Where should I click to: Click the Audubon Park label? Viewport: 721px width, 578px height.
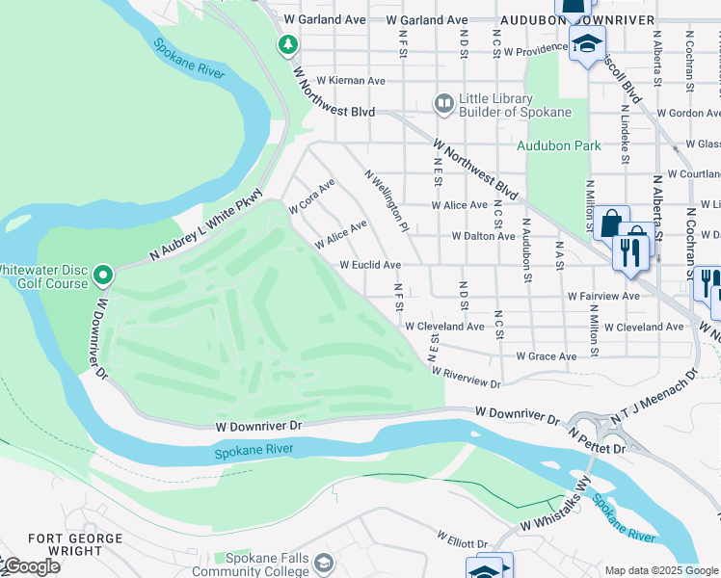click(x=558, y=146)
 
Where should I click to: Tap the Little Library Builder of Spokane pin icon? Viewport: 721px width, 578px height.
click(x=443, y=102)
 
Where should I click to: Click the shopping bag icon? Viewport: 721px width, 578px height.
click(x=610, y=223)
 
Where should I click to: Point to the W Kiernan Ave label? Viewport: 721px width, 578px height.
click(x=344, y=81)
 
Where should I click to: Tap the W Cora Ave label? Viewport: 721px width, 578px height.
click(x=311, y=197)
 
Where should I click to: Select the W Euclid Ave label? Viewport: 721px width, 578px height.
click(x=370, y=265)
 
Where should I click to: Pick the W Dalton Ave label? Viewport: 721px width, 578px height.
click(x=483, y=236)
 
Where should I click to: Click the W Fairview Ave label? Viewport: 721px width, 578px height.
click(x=603, y=296)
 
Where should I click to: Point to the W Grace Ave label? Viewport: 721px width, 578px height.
click(x=547, y=356)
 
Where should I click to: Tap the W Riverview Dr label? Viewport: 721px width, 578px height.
click(x=466, y=378)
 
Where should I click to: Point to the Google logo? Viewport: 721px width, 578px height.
click(x=31, y=566)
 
